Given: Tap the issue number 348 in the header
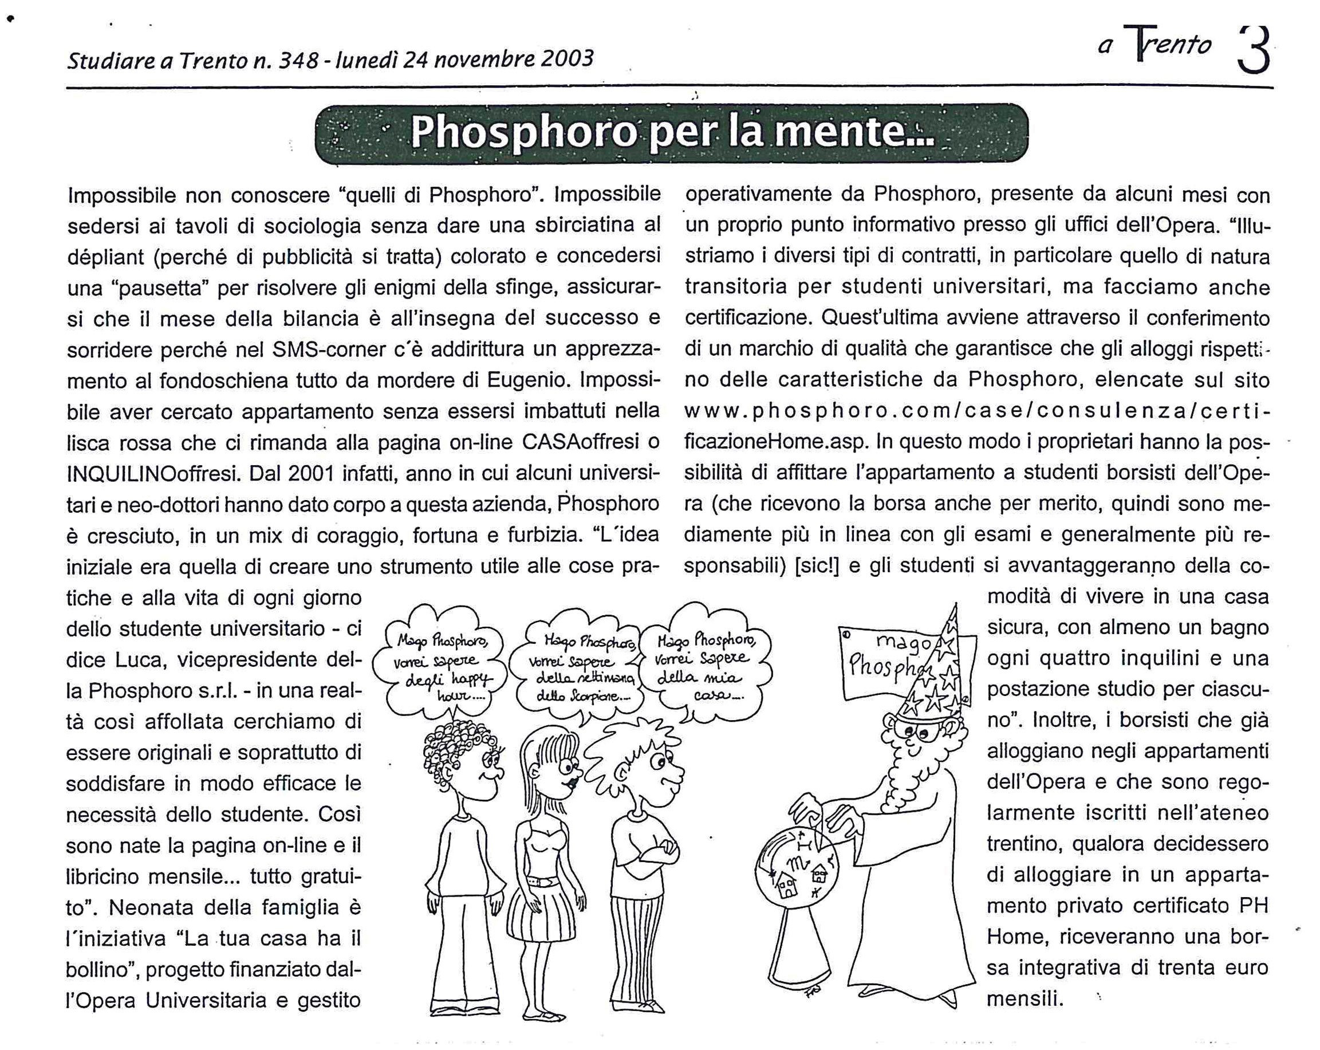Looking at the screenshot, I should point(298,60).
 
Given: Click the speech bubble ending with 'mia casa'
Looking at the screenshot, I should point(704,664).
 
